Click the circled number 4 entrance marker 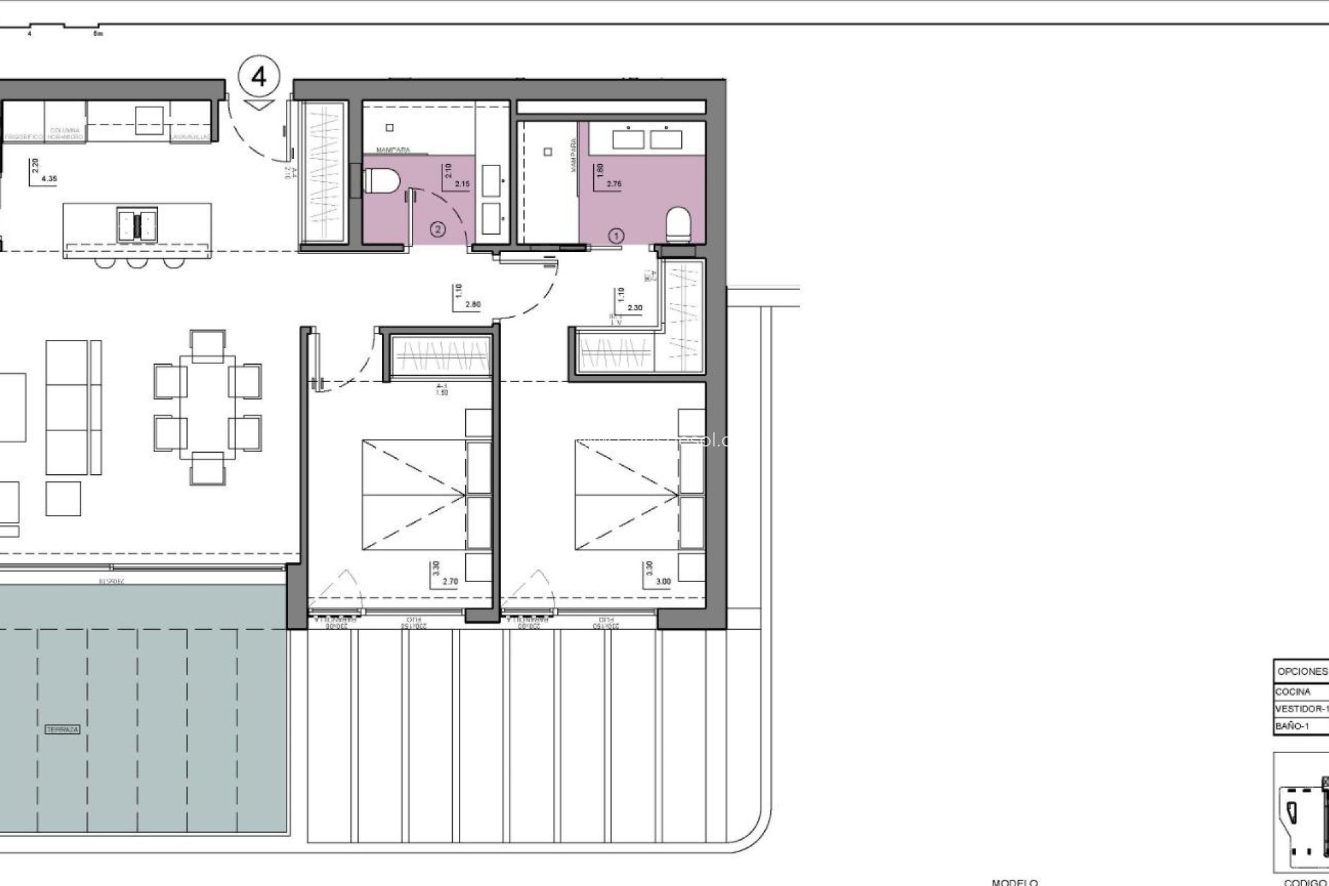259,77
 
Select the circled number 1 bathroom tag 615,236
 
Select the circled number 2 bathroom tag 437,228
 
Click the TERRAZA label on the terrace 62,730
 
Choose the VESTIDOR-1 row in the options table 1300,709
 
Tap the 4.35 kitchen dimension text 49,179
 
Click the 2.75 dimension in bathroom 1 614,184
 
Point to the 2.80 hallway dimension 473,305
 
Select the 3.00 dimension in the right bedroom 663,581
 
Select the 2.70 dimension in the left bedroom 449,581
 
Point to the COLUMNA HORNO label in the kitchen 66,134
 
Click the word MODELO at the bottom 1014,882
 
